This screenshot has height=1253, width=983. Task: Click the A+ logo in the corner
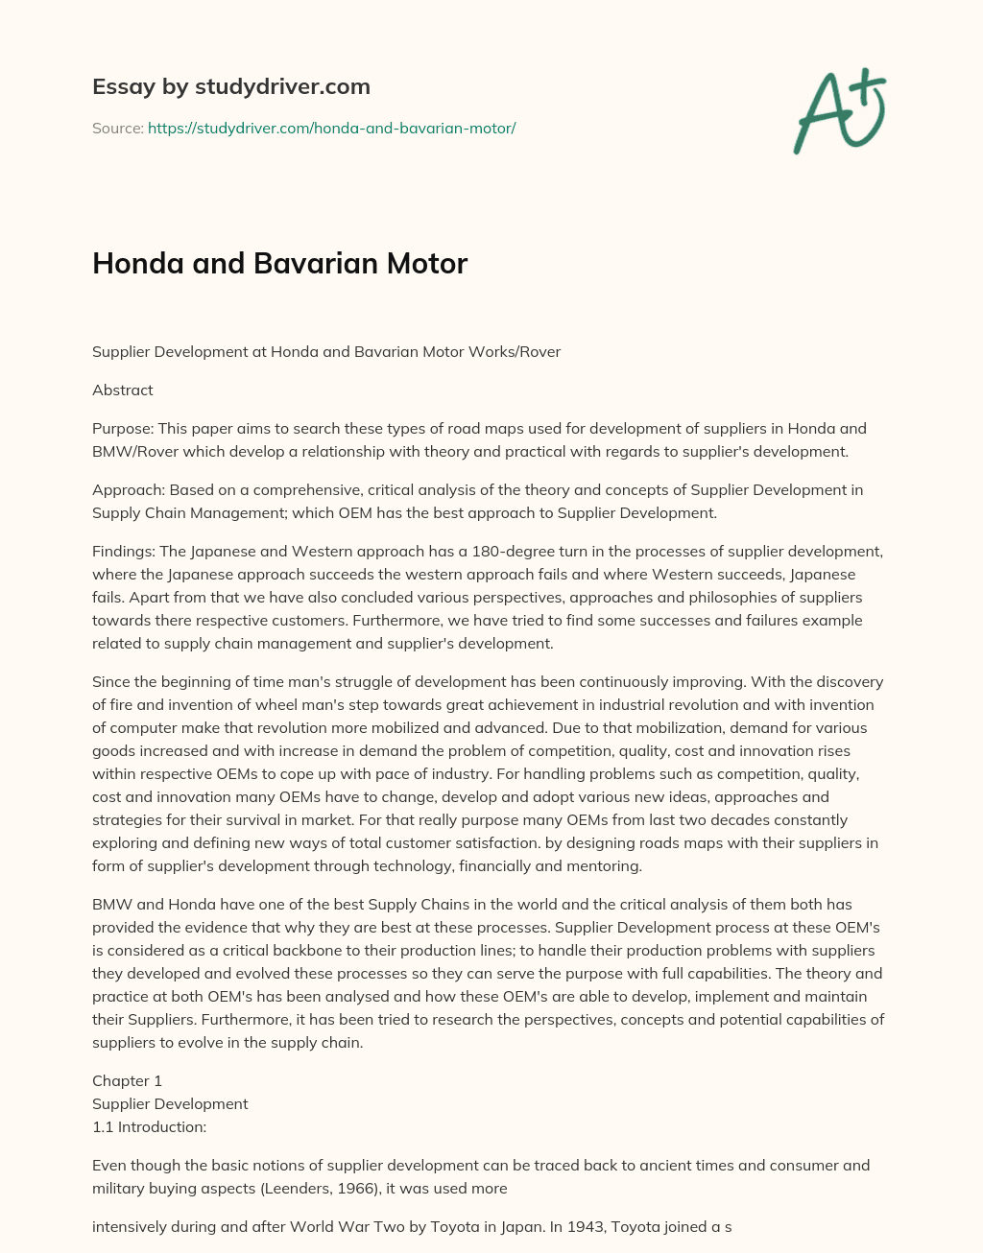coord(840,110)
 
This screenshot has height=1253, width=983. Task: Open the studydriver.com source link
coord(331,128)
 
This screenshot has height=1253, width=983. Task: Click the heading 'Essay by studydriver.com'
coord(230,86)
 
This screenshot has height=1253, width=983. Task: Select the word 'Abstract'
coord(122,390)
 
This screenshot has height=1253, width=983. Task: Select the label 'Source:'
coord(117,128)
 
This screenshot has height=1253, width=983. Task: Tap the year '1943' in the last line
coord(554,1226)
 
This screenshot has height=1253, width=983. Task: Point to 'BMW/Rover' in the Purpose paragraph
coord(129,451)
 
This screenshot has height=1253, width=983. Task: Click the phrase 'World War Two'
coord(380,1226)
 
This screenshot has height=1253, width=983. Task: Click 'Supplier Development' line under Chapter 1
coord(170,1103)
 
